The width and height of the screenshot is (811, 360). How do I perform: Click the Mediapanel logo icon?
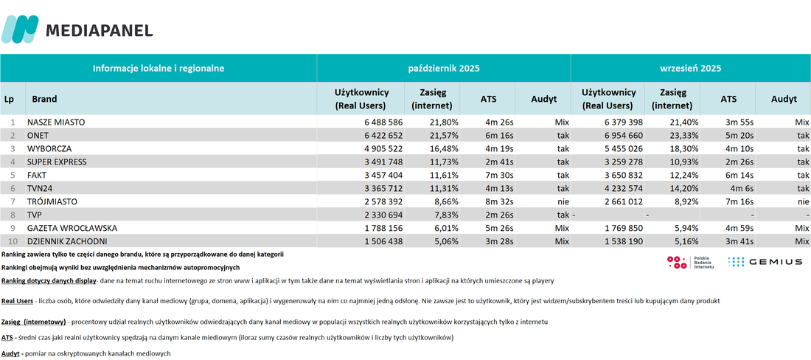coord(20,29)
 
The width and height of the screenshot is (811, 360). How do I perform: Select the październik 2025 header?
coord(443,69)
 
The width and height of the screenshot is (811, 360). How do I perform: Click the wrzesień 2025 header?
coord(690,69)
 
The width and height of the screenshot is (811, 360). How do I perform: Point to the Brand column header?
coord(44,100)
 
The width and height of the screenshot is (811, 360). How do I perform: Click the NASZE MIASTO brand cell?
coord(56,122)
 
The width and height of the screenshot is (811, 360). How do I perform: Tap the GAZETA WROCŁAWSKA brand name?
coord(72,228)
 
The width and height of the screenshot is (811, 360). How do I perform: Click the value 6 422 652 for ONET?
coord(380,136)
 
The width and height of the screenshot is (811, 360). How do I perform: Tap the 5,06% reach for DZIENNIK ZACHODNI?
coord(443,241)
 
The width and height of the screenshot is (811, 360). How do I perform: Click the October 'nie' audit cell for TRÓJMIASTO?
coord(563,188)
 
